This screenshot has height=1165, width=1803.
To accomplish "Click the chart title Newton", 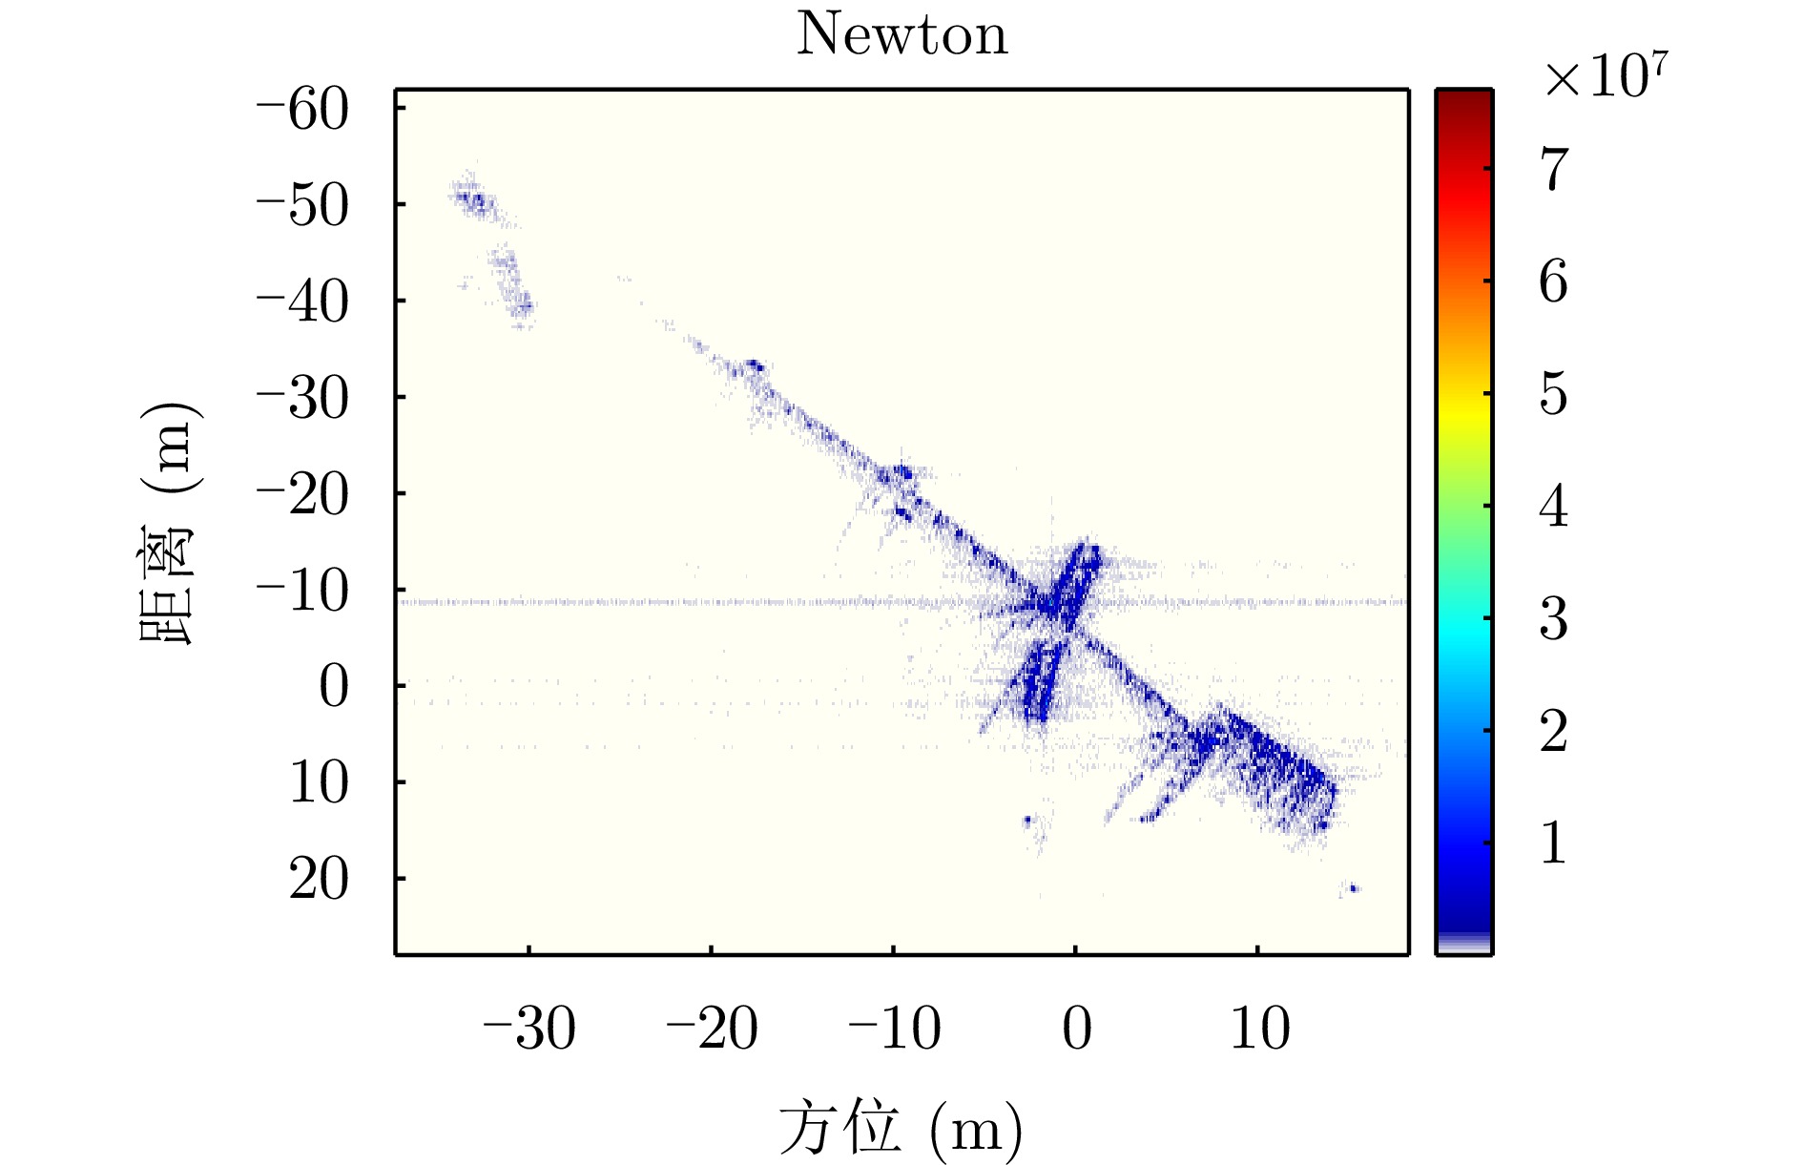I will click(x=901, y=35).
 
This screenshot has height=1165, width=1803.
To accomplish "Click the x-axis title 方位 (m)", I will click(x=901, y=1129).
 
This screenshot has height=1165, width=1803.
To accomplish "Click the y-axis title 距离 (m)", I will click(x=170, y=524).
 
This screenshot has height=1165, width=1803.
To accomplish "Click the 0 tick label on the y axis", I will click(x=334, y=686).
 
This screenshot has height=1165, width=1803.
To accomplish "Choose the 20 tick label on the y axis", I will click(x=320, y=879).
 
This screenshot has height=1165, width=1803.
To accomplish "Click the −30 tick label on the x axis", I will click(x=528, y=1029).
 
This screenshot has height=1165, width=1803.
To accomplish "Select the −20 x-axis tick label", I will click(x=711, y=1029).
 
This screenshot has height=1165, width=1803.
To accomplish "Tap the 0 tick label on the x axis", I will click(x=1076, y=1029).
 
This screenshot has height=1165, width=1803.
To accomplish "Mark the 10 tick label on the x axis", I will click(x=1259, y=1029).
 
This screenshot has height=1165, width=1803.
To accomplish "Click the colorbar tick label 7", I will click(x=1554, y=170).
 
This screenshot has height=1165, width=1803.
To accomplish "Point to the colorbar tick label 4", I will click(x=1554, y=507).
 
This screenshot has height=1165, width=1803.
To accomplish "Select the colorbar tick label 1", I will click(x=1554, y=843).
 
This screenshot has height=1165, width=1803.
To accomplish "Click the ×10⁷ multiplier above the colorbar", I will click(x=1606, y=76).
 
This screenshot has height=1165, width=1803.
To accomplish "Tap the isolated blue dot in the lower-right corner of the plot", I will click(x=1353, y=888).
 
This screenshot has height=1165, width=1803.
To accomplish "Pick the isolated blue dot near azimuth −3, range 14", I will click(x=1027, y=819).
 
